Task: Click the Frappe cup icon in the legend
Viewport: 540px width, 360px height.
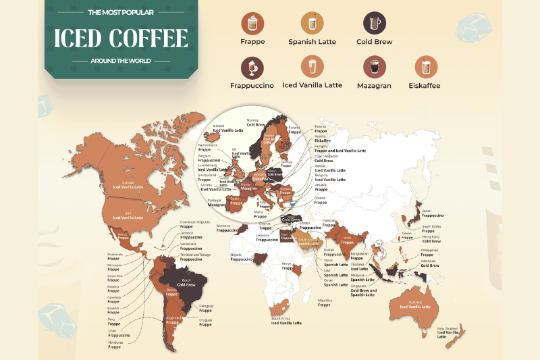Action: click(252, 24)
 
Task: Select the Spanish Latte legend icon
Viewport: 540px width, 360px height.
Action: click(312, 24)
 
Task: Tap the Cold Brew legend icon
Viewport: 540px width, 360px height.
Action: click(374, 24)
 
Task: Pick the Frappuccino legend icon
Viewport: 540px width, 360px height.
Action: click(252, 66)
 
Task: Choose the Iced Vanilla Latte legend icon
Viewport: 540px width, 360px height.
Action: click(312, 66)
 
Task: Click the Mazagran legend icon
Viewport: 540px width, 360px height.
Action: click(374, 66)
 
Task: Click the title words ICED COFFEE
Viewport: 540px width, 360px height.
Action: click(121, 38)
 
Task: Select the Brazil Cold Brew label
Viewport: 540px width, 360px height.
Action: click(186, 282)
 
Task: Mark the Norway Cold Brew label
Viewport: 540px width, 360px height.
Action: click(256, 122)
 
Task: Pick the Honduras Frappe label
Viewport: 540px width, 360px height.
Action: click(115, 344)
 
